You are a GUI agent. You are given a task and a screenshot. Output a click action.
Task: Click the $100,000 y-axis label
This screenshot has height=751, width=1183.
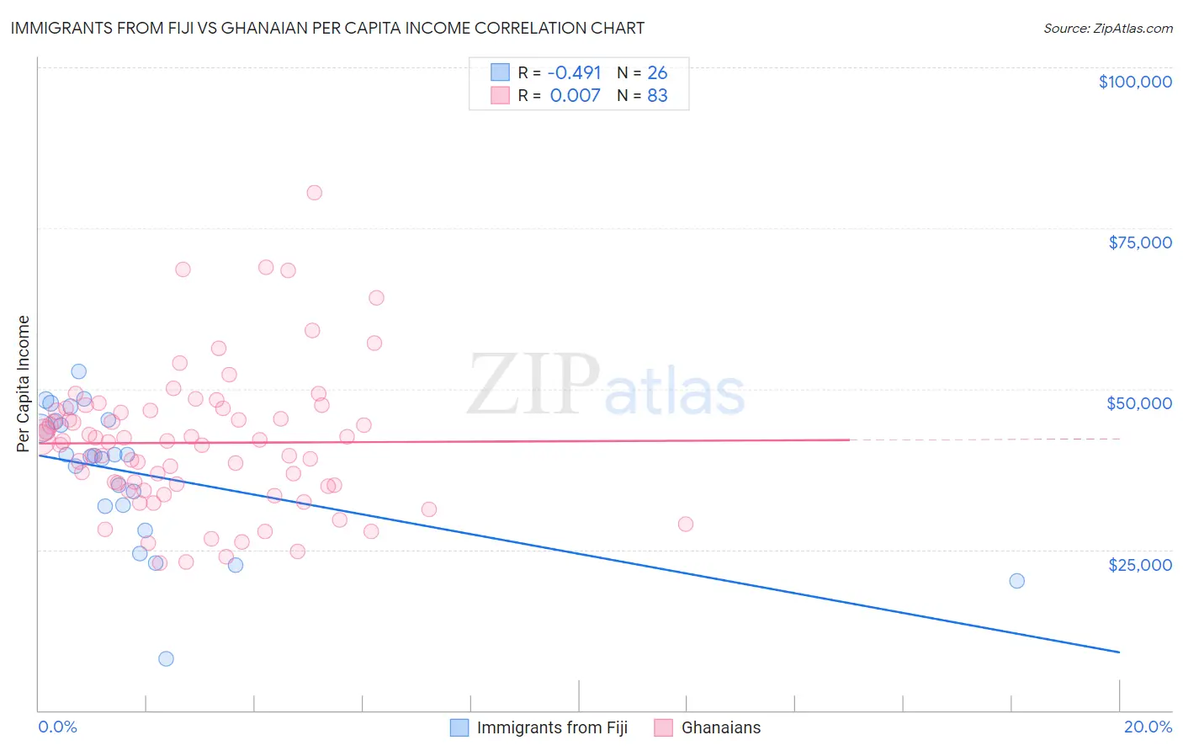pyautogui.click(x=1135, y=82)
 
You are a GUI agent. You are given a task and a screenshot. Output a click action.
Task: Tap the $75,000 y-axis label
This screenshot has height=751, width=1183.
pyautogui.click(x=1139, y=242)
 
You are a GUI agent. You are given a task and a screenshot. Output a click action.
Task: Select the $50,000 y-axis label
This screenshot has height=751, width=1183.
pyautogui.click(x=1139, y=403)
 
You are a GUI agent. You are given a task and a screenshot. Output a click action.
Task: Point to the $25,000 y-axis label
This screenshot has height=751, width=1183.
pyautogui.click(x=1139, y=564)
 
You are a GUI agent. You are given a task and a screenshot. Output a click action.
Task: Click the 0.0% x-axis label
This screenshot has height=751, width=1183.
pyautogui.click(x=57, y=727)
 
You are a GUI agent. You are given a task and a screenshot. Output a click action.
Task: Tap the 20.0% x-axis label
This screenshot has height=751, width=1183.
pyautogui.click(x=1148, y=727)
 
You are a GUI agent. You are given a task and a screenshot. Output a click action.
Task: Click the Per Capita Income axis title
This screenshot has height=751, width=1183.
pyautogui.click(x=24, y=383)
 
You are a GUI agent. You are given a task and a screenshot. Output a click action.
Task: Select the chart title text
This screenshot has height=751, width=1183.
pyautogui.click(x=327, y=28)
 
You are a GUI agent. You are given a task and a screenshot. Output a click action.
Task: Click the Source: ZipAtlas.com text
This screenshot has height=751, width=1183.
pyautogui.click(x=1107, y=29)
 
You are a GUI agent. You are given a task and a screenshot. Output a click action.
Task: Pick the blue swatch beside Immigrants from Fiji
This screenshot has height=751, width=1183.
pyautogui.click(x=459, y=727)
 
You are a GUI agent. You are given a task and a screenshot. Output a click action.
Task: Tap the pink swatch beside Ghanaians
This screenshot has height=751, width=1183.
pyautogui.click(x=664, y=727)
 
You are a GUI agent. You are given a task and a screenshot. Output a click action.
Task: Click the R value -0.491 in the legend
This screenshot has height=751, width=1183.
pyautogui.click(x=576, y=73)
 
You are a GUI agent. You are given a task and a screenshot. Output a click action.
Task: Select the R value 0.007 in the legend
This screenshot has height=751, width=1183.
pyautogui.click(x=576, y=96)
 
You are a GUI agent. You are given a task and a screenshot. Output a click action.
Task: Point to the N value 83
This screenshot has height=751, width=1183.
pyautogui.click(x=657, y=96)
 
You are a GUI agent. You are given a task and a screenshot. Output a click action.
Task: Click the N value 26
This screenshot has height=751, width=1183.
pyautogui.click(x=657, y=73)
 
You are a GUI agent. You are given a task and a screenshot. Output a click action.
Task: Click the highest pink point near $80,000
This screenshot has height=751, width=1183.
pyautogui.click(x=314, y=192)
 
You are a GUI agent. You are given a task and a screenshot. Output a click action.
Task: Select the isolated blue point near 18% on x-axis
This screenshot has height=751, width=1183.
pyautogui.click(x=1016, y=580)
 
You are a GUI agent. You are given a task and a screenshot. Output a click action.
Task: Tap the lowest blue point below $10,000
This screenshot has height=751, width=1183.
pyautogui.click(x=166, y=658)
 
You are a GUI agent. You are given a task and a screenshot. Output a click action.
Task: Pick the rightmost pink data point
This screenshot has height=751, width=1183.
pyautogui.click(x=685, y=524)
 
